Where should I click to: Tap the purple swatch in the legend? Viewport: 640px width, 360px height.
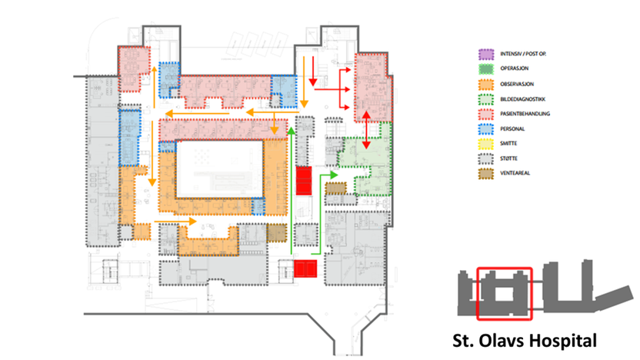485,55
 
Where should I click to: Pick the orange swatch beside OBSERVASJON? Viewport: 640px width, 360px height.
485,84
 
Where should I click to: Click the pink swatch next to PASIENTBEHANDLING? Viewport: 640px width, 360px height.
485,113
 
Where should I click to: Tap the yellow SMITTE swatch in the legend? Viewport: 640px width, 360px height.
485,142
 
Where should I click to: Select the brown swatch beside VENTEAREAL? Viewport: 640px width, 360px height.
485,172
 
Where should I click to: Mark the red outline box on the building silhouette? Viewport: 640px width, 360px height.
504,293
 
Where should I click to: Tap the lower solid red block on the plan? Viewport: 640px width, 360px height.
305,268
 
